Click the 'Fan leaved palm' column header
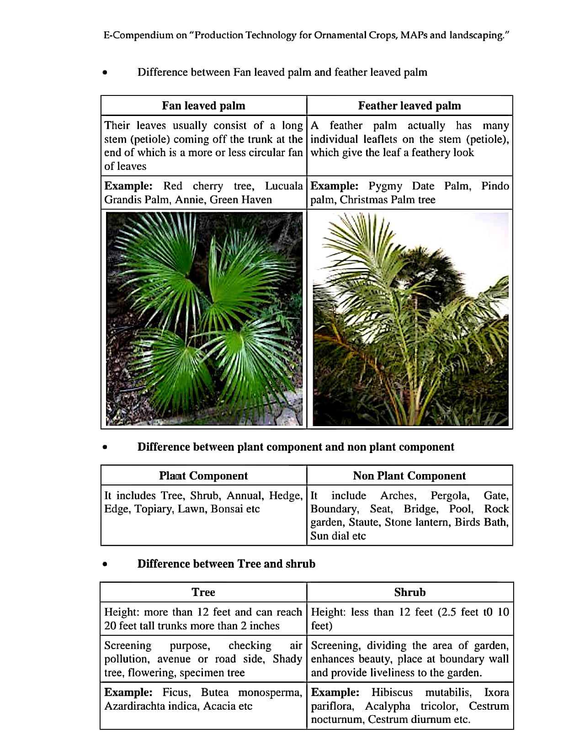[203, 106]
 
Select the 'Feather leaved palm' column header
[409, 106]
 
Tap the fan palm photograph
[204, 319]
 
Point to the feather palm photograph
[410, 319]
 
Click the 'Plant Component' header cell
[203, 476]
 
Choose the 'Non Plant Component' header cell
[409, 476]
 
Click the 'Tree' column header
[203, 592]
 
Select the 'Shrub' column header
[410, 592]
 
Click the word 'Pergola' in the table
[450, 496]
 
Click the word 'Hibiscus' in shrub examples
[392, 692]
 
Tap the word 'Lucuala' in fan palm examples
[284, 186]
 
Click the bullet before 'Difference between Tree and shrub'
[105, 564]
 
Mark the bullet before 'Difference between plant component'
[105, 448]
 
